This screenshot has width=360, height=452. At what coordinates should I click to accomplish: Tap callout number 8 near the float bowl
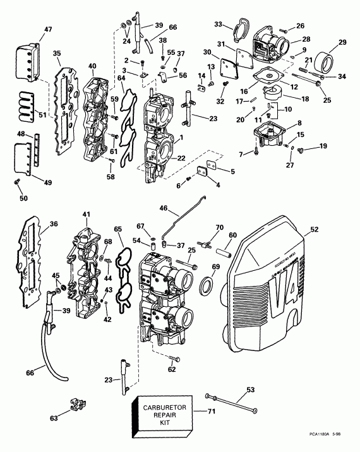(x=299, y=123)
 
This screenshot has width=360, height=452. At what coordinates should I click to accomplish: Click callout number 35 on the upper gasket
(x=57, y=54)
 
